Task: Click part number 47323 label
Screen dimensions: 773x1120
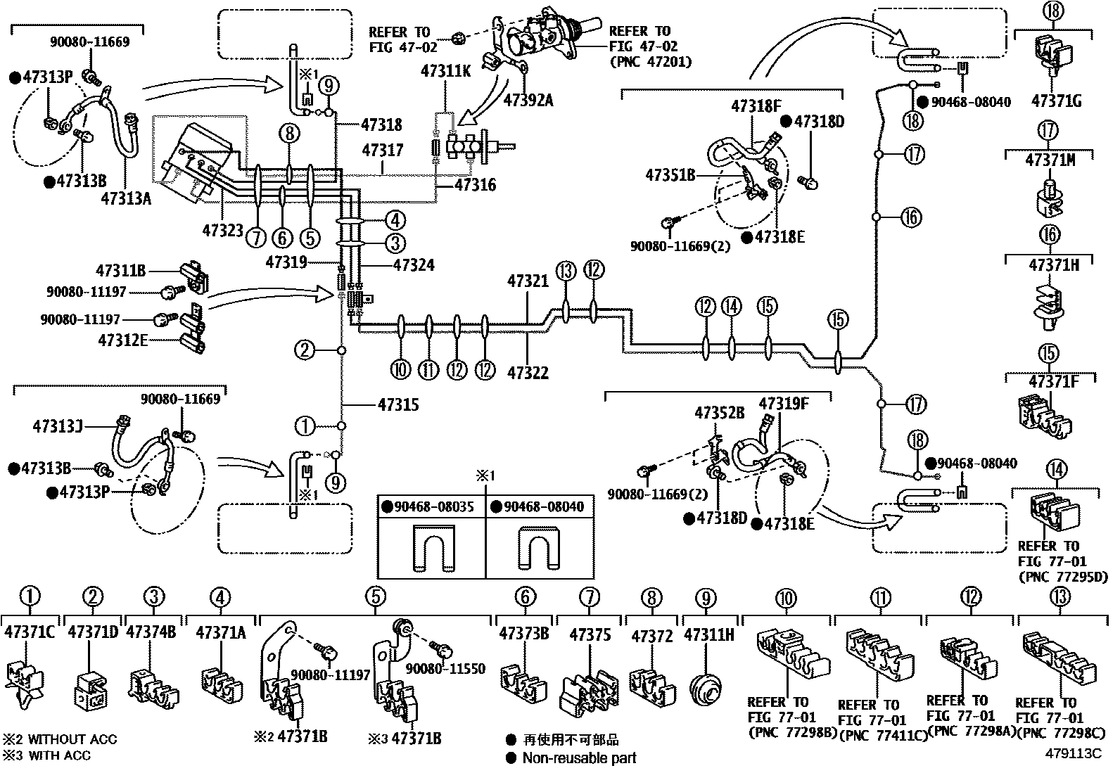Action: (x=222, y=230)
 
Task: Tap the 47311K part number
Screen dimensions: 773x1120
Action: (x=445, y=70)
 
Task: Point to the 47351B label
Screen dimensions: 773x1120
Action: (x=670, y=175)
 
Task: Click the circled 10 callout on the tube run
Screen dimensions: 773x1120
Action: (x=400, y=369)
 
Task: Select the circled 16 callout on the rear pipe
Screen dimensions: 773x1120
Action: (x=910, y=217)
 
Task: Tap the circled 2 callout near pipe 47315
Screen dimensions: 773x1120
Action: (x=305, y=350)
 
